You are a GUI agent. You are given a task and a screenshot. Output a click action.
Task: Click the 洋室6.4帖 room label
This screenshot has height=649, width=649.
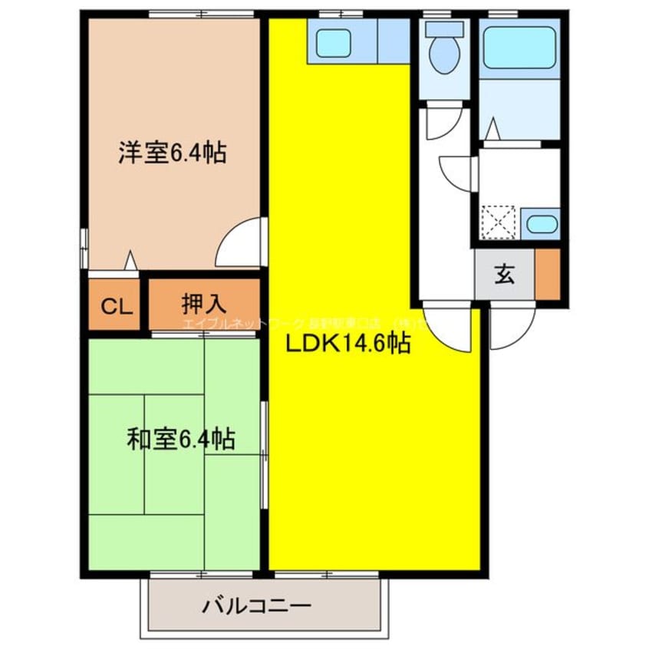(171, 153)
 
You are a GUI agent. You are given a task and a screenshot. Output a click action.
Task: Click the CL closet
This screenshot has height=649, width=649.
(115, 306)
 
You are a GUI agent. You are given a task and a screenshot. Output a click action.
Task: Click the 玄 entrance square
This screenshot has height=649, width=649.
(504, 274)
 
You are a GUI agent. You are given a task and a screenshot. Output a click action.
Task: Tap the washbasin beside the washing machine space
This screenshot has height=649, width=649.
(542, 225)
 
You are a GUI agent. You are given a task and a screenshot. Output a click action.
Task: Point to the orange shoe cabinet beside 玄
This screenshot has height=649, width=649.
(548, 274)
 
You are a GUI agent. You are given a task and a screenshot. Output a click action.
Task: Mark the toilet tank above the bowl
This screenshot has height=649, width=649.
(444, 29)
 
